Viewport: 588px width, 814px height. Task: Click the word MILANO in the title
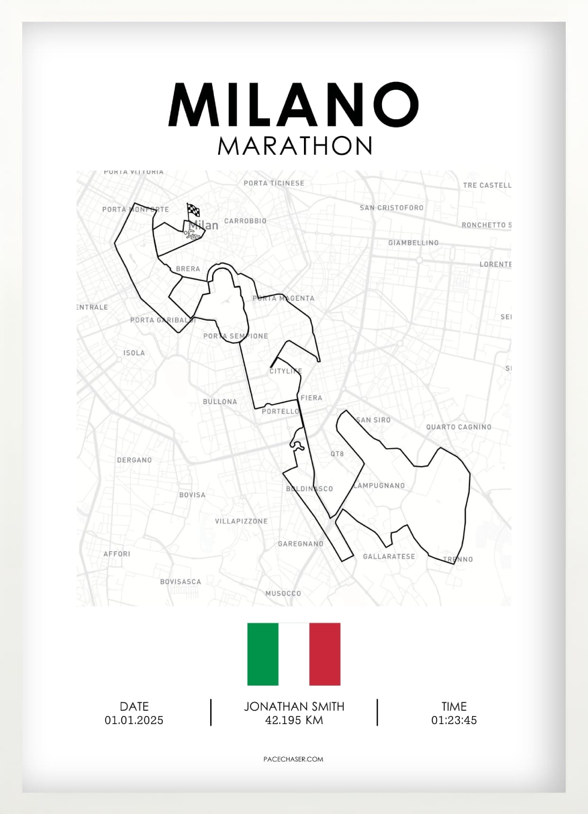point(294,105)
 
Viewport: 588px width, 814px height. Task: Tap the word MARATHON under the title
point(295,146)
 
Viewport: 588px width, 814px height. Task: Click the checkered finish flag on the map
point(193,211)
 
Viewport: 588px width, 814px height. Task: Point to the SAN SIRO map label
point(374,420)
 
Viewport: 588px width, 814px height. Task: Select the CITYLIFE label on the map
point(285,371)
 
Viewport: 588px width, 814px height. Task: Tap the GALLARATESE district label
point(389,557)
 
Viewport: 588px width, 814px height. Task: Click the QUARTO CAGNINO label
point(458,427)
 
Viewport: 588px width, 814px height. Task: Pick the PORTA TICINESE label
point(274,183)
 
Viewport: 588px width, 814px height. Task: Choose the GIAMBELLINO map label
point(413,243)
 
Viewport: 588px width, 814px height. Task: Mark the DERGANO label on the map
point(134,460)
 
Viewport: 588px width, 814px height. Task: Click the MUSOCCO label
point(283,593)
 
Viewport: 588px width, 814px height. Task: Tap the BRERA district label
point(188,269)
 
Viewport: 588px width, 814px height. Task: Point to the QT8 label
point(337,454)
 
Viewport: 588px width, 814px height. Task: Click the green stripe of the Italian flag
point(263,654)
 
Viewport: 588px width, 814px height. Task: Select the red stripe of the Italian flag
point(325,654)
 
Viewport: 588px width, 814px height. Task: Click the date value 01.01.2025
point(134,720)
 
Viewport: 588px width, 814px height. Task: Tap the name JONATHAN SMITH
point(294,707)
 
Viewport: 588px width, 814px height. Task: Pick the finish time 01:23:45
point(454,720)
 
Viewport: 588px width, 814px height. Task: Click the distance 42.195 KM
point(294,720)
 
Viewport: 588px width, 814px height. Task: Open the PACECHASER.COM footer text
point(293,759)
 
